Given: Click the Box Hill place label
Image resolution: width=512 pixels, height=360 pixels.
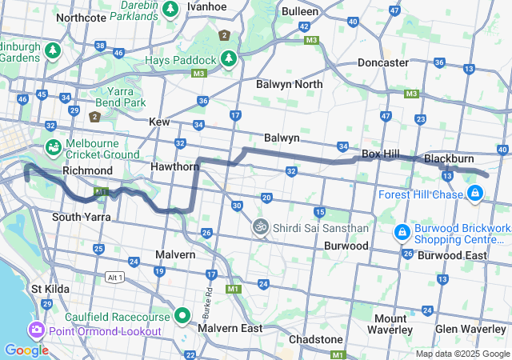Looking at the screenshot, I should (381, 153).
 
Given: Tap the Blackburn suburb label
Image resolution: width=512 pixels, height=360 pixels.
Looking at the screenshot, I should (449, 158).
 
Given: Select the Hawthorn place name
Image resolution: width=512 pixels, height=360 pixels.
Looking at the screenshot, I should (174, 166).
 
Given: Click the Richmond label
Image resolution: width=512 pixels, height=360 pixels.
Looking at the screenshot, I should (88, 170).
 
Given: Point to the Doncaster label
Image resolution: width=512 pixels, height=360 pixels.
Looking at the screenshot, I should (382, 62).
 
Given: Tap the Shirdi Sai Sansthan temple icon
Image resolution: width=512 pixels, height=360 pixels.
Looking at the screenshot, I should (259, 228).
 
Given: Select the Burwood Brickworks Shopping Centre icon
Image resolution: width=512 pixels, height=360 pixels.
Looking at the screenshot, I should (402, 233).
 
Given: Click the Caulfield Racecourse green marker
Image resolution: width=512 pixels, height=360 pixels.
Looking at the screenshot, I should (182, 316).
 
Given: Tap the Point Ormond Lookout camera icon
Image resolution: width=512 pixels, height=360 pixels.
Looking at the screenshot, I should (37, 330).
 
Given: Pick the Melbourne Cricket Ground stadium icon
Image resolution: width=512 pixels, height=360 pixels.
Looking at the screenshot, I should (53, 148).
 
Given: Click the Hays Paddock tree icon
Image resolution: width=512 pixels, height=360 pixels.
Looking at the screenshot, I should (229, 59).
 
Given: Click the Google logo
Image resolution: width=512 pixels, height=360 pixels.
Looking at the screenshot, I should (26, 350).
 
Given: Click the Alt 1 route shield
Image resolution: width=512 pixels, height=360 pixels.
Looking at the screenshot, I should (114, 277).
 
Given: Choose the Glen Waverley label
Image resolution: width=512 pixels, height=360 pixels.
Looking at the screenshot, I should (470, 329).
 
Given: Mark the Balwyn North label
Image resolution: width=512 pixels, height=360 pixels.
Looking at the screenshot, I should (290, 84).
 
